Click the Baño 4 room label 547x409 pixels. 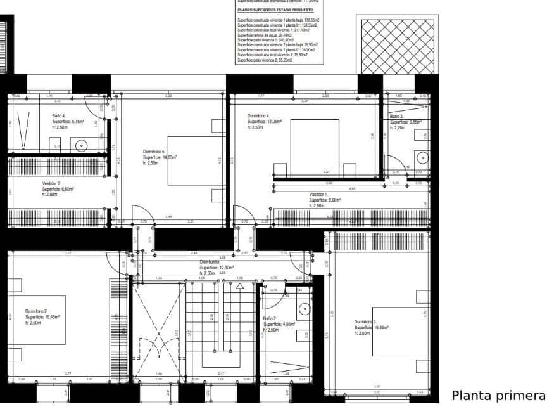(60, 116)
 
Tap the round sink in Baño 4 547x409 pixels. (81, 145)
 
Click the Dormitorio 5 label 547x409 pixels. (154, 152)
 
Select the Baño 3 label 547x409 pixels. (396, 117)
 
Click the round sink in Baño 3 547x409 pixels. (422, 156)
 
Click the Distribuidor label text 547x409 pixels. (210, 262)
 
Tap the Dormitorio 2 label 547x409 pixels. (37, 311)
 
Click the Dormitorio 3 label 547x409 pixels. (366, 322)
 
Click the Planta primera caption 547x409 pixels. (498, 396)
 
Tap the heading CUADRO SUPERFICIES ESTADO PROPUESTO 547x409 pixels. (275, 10)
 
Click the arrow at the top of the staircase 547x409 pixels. (239, 286)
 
